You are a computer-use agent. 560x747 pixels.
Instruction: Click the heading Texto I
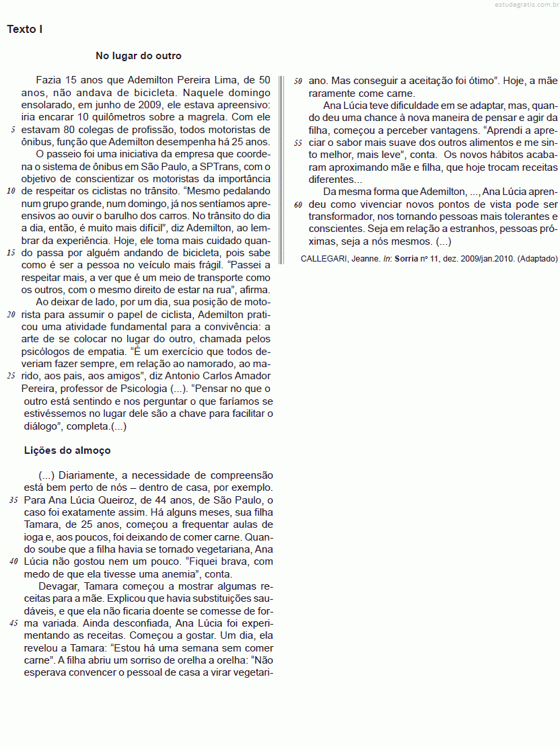pos(25,30)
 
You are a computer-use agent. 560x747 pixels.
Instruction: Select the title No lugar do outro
pos(139,56)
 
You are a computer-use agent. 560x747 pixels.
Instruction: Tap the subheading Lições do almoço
pos(67,450)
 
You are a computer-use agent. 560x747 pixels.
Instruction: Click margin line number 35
pos(13,501)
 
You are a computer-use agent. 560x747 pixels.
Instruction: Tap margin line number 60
pos(299,204)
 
